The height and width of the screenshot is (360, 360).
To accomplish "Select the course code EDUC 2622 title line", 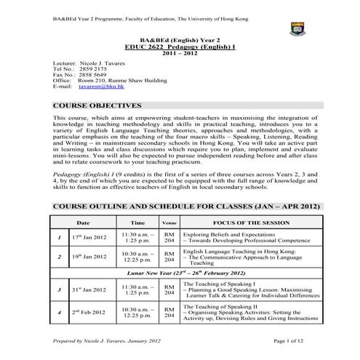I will point(180,45).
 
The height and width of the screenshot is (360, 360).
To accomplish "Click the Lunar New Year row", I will point(180,271).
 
